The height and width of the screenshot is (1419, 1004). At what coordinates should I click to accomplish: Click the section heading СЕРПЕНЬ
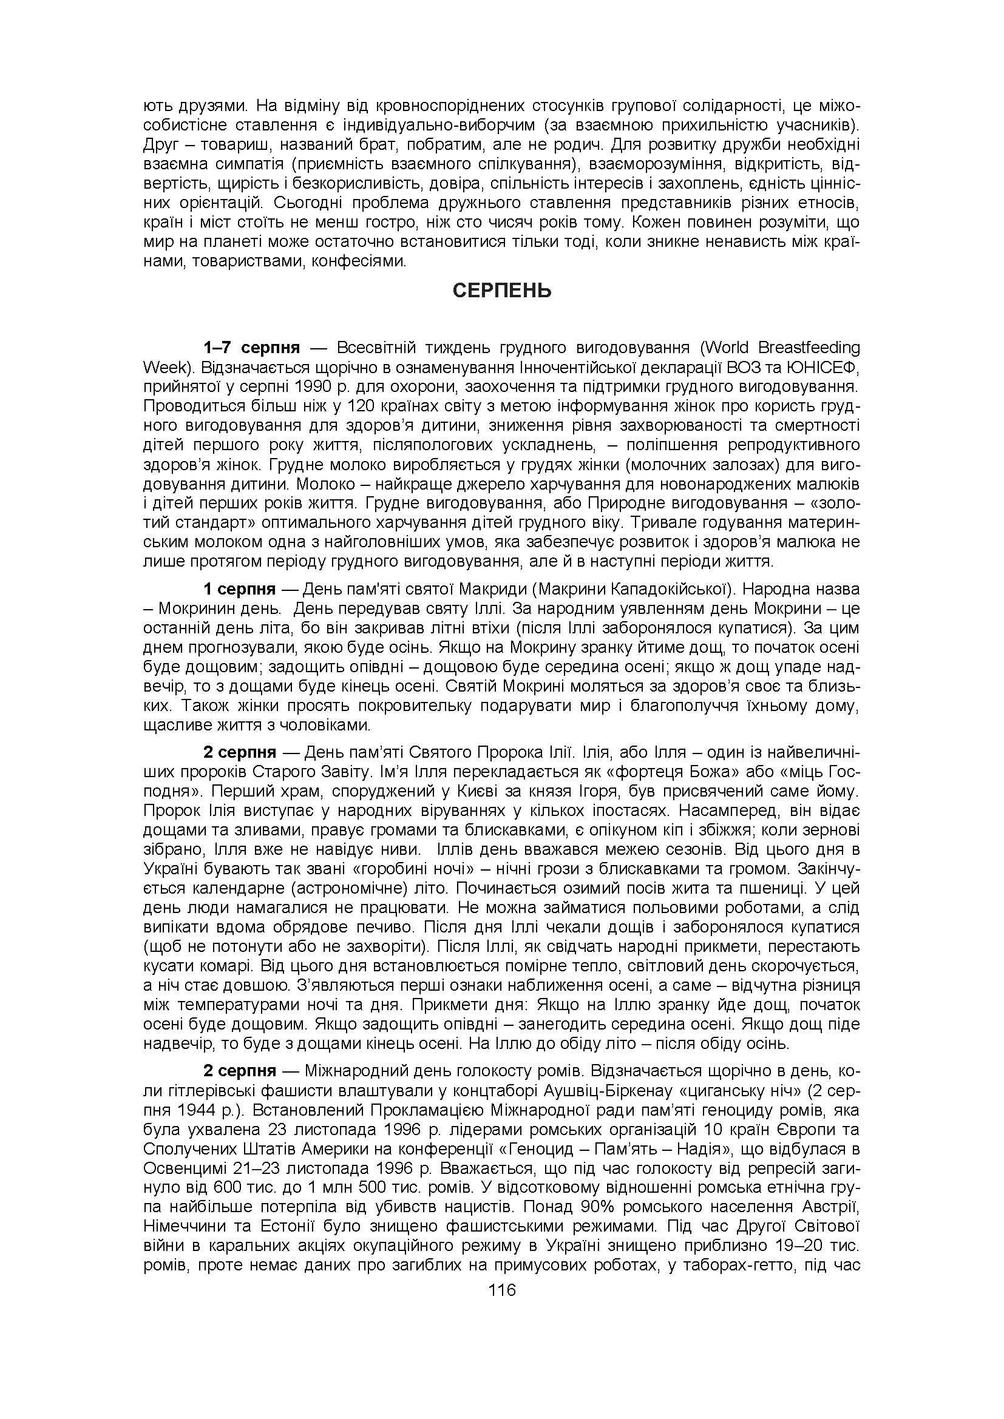point(501,291)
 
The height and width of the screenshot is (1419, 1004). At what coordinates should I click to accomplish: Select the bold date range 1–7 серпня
point(253,348)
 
